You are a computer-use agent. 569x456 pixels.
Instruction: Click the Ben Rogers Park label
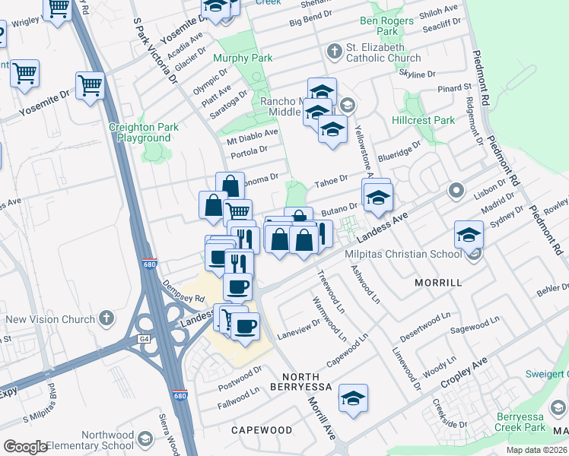(x=380, y=27)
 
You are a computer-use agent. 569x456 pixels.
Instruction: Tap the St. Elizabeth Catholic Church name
(x=383, y=52)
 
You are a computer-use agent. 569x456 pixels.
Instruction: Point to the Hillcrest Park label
(x=423, y=120)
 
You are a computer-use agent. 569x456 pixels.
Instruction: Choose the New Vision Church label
(x=49, y=319)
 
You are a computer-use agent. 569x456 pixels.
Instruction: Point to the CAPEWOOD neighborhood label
(x=262, y=429)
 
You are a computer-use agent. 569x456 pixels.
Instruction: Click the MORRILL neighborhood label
(x=437, y=282)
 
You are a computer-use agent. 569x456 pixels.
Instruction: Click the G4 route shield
(x=143, y=339)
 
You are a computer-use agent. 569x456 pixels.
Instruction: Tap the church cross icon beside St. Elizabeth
(x=333, y=52)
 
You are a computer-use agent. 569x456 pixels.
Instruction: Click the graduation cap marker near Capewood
(x=353, y=398)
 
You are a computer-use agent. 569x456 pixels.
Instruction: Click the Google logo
(x=25, y=447)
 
